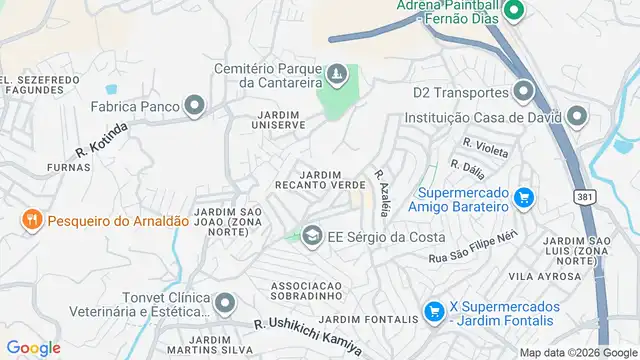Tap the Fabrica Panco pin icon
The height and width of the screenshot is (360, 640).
[194, 105]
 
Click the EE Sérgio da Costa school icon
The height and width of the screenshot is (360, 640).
[312, 235]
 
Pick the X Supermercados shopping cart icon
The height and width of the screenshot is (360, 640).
[434, 312]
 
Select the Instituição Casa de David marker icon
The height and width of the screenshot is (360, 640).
[577, 117]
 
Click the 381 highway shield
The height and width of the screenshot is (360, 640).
[584, 197]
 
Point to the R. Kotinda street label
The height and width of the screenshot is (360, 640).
[102, 140]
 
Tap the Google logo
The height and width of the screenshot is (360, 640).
[34, 347]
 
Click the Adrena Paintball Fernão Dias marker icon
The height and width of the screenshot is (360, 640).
[515, 12]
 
